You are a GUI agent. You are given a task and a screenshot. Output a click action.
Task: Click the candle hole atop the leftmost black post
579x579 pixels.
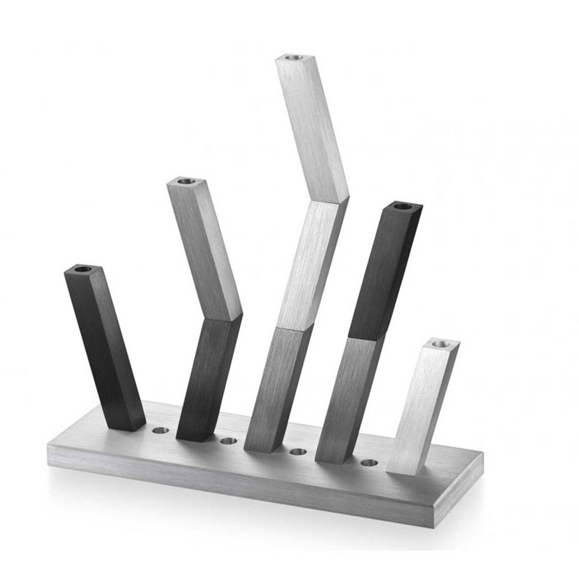coord(83,269)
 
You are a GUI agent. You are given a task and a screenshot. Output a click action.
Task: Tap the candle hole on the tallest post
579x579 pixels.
coord(292,56)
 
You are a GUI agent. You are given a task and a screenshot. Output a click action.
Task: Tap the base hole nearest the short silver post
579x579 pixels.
coord(369,462)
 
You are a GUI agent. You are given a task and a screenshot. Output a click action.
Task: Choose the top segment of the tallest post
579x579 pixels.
coord(311,127)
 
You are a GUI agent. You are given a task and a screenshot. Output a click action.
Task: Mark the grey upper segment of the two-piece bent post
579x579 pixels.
coord(205,246)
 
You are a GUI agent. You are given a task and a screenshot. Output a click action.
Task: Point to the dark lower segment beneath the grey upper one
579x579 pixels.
coord(208,376)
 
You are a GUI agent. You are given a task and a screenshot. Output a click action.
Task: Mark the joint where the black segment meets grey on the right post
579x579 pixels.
coord(365,339)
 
